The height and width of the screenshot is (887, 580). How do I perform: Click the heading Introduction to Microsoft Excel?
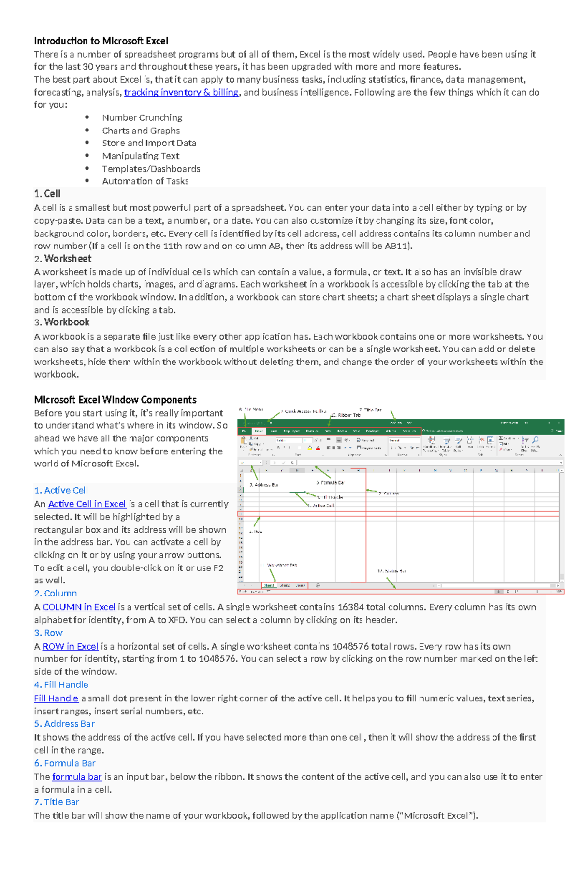101,41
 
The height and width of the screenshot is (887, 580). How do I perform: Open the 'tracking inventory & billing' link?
181,92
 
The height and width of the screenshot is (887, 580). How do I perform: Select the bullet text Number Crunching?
142,117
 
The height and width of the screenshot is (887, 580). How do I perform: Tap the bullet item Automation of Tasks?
145,181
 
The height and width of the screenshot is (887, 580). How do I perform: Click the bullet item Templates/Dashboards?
151,169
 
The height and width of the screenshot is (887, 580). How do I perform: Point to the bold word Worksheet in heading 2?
68,259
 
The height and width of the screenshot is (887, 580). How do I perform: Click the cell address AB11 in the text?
398,246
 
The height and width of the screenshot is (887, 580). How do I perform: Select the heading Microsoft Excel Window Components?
115,400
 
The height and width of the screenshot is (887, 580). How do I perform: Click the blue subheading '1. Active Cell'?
61,490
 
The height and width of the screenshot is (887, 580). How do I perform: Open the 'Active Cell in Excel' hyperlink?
87,504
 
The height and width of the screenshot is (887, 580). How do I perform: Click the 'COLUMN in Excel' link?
79,607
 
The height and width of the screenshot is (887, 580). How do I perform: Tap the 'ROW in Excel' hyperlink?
71,646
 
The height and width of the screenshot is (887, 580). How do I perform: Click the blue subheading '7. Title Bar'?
57,802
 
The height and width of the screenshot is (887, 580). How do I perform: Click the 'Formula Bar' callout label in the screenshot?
331,483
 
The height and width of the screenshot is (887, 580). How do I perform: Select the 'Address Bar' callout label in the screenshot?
264,485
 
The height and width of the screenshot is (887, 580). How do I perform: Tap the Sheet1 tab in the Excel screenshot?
269,585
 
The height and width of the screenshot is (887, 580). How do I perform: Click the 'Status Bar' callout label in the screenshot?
391,571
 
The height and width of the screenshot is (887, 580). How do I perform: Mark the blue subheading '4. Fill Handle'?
61,684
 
